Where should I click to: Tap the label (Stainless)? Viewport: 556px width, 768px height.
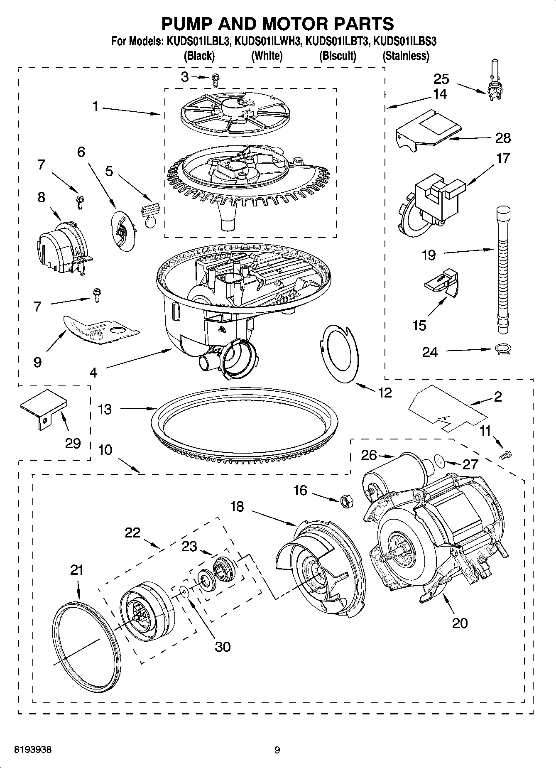[x=405, y=56]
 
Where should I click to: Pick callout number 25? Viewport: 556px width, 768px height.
[x=441, y=79]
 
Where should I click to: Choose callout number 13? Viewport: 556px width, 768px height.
[x=105, y=409]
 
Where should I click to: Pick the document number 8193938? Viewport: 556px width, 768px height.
[x=33, y=750]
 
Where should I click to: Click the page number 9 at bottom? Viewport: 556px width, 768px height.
[x=277, y=750]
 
